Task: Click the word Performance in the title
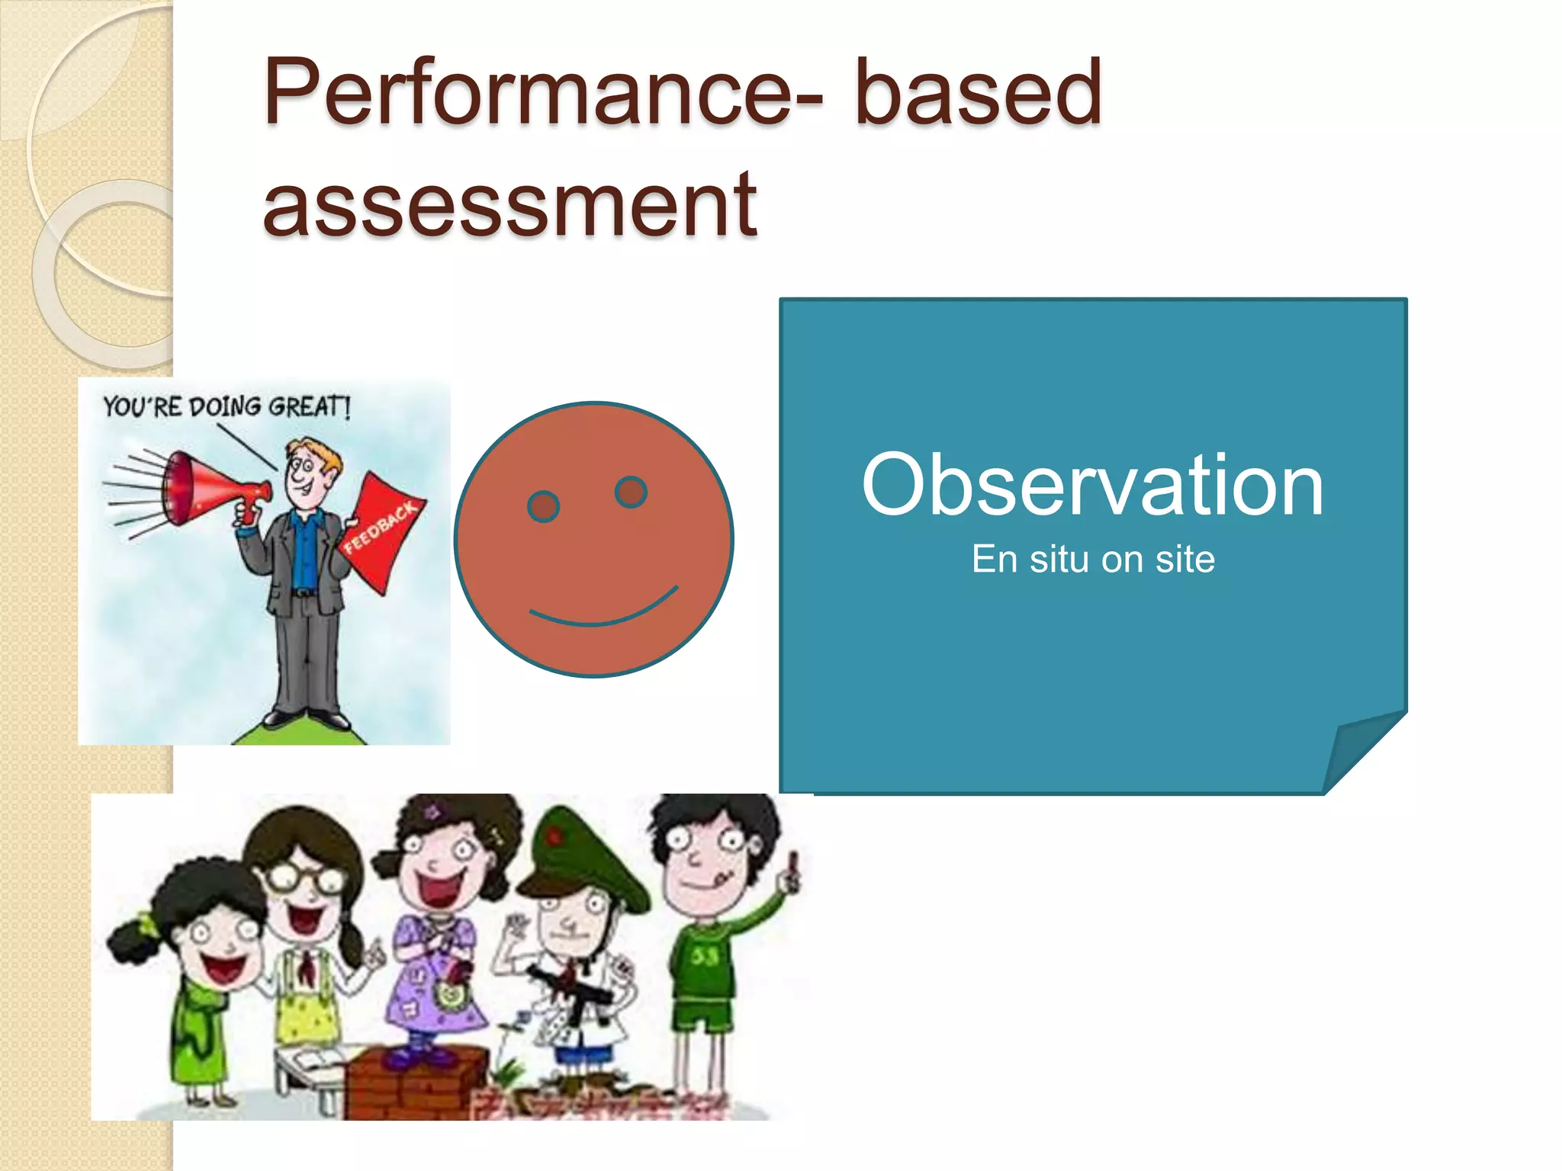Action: (534, 93)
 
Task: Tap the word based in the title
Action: (978, 93)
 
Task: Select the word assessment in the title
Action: (509, 204)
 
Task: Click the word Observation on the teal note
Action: (1092, 486)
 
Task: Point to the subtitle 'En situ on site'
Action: (1092, 559)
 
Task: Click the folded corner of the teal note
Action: (1361, 751)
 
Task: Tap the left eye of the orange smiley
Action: (543, 506)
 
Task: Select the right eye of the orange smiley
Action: (631, 492)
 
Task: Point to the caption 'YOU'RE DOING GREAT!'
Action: (227, 406)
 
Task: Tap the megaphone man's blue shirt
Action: (305, 549)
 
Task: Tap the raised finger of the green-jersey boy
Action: (793, 865)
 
